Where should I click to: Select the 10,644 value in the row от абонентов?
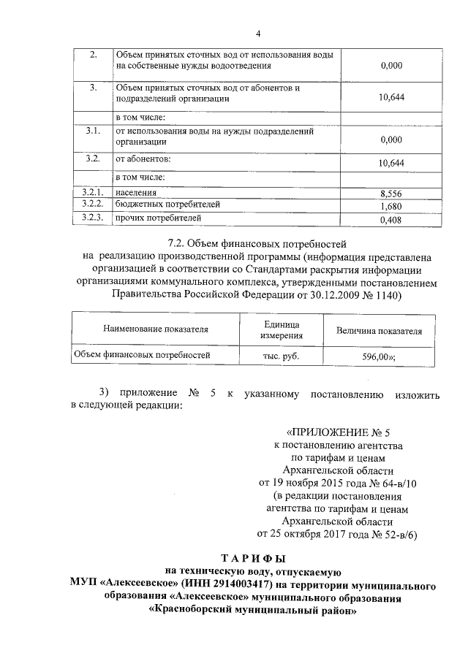(x=391, y=163)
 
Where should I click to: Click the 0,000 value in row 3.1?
(x=391, y=139)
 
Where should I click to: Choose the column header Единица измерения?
(x=282, y=329)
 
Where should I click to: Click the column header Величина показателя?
(x=379, y=330)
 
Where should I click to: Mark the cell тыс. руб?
(x=282, y=356)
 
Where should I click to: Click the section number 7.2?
(x=178, y=243)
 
